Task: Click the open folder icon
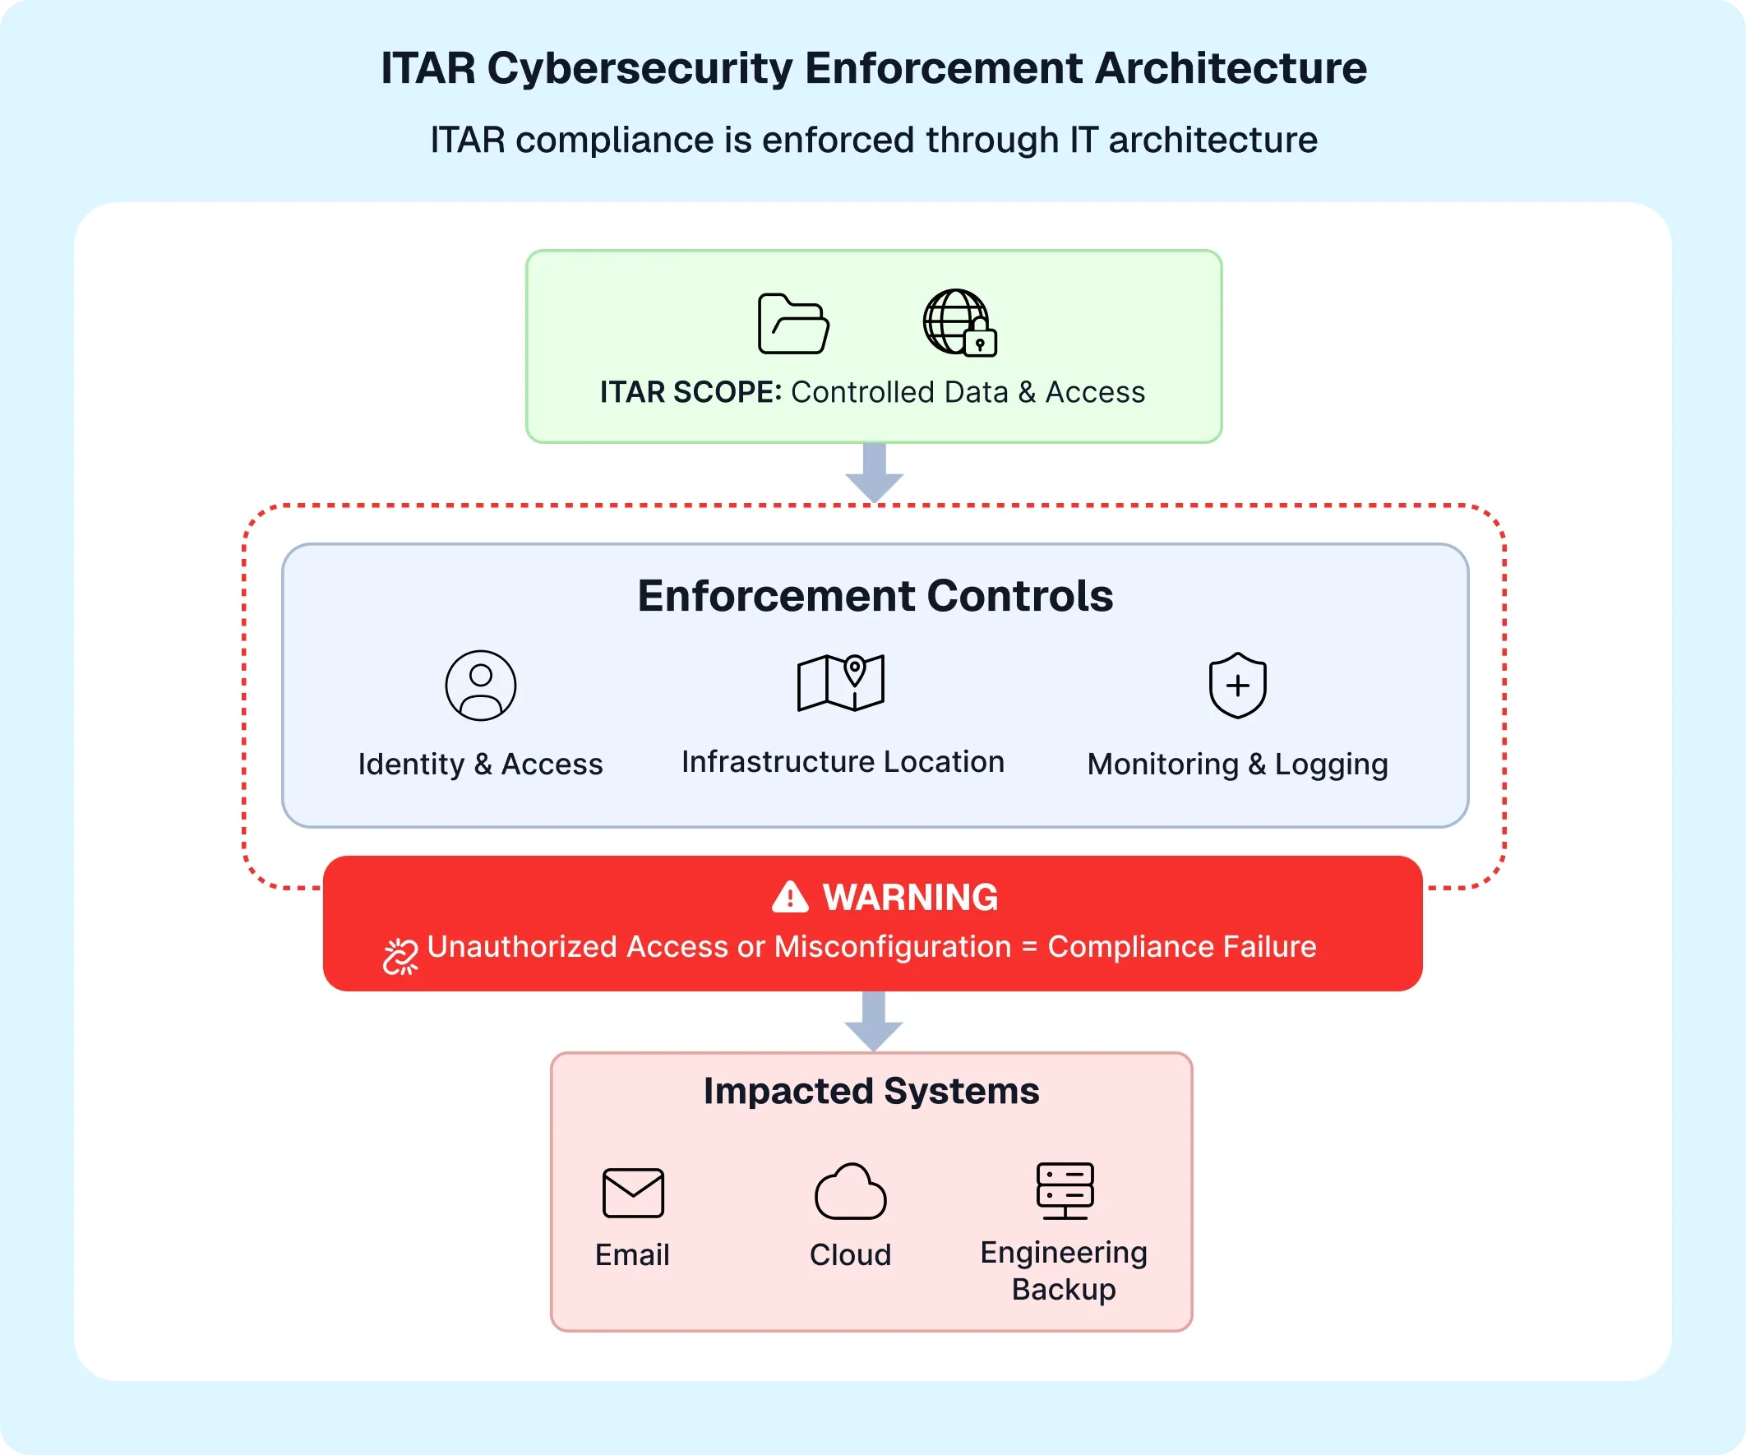[x=793, y=323]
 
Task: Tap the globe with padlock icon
[x=958, y=323]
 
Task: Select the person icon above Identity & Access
[x=481, y=685]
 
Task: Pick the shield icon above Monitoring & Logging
[x=1237, y=685]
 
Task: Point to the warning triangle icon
[x=790, y=897]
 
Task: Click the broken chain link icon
[x=400, y=956]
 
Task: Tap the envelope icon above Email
[x=633, y=1192]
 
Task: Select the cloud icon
[x=851, y=1192]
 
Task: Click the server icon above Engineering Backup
[x=1065, y=1189]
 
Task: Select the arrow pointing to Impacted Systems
[x=873, y=1021]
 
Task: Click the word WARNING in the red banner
[x=911, y=897]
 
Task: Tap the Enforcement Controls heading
[x=875, y=595]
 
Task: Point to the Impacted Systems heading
[x=871, y=1091]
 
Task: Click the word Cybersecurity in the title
[x=640, y=68]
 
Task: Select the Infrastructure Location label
[x=843, y=761]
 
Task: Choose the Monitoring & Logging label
[x=1237, y=764]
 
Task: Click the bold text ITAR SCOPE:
[x=691, y=392]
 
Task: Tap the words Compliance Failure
[x=1181, y=947]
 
